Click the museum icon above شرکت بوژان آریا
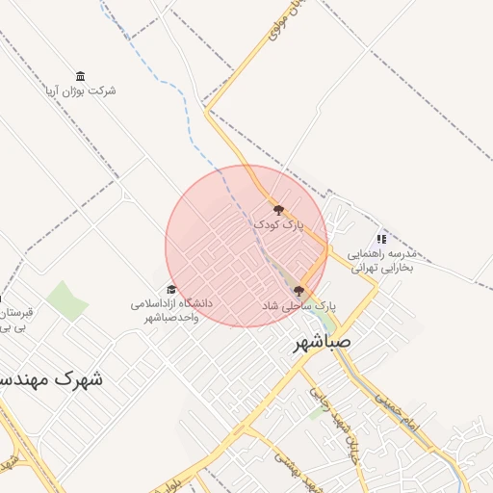tap(80, 76)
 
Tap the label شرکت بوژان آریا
tap(80, 91)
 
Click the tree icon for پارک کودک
tap(278, 209)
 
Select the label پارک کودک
tap(278, 223)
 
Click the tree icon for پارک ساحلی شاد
tap(298, 290)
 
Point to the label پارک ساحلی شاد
tap(298, 304)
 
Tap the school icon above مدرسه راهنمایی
tap(381, 239)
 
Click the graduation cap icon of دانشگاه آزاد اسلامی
tap(171, 289)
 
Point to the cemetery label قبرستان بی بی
tap(14, 321)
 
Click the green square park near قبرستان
tap(66, 300)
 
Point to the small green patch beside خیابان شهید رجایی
tap(316, 412)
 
